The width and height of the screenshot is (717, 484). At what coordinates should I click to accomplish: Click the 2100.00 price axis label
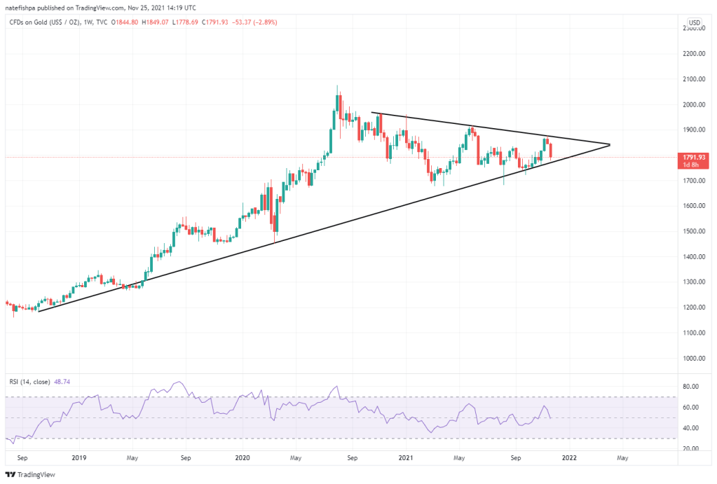[x=693, y=79]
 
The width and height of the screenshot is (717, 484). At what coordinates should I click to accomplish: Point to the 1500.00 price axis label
[x=693, y=231]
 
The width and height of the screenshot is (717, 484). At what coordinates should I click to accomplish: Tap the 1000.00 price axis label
[x=693, y=358]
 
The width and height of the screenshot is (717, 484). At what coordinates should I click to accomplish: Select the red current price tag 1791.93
[x=694, y=157]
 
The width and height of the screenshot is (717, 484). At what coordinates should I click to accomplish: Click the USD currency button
[x=695, y=23]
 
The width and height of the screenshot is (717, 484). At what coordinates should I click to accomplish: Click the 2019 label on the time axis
[x=78, y=458]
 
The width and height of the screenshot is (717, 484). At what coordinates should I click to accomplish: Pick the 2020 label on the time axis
[x=243, y=458]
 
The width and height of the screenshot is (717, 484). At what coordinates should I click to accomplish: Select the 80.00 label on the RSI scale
[x=691, y=386]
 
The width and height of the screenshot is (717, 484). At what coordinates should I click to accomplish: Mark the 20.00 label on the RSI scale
[x=691, y=448]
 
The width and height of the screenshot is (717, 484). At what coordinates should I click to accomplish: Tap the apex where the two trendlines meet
[x=610, y=144]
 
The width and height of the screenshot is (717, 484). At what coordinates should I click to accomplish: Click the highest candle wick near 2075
[x=337, y=86]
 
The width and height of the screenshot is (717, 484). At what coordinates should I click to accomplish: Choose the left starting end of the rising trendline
[x=38, y=311]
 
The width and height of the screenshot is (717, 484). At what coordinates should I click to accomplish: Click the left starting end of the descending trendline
[x=371, y=113]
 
